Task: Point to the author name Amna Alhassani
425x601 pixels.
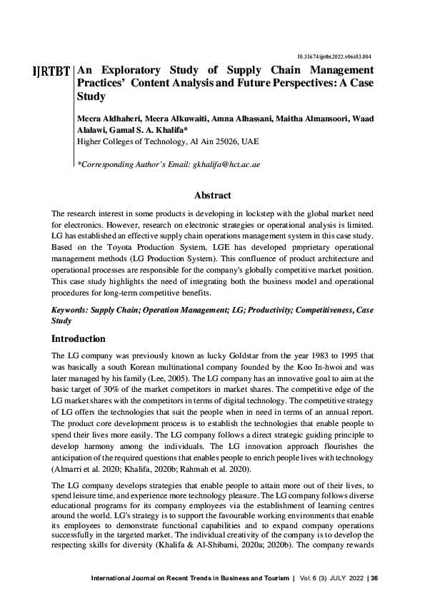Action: [x=216, y=117]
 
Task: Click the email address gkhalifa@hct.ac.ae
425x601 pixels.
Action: [x=226, y=164]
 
